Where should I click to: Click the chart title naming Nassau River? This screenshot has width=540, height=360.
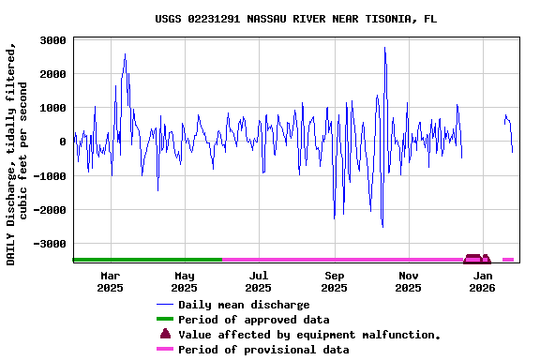[x=295, y=19]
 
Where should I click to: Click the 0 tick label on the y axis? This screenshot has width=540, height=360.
[x=62, y=142]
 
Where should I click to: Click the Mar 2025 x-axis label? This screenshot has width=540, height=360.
[x=111, y=281]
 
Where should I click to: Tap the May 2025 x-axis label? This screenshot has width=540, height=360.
[x=185, y=281]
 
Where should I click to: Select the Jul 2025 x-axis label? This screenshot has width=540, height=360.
[x=259, y=281]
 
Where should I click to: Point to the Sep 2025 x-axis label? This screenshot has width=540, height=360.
[x=334, y=281]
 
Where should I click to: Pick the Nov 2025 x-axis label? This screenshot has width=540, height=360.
[x=408, y=281]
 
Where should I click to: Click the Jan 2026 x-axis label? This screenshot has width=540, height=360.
[x=483, y=281]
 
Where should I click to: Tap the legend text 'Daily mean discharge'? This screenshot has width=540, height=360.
[x=244, y=305]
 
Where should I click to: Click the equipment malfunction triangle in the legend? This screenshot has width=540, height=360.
[x=166, y=334]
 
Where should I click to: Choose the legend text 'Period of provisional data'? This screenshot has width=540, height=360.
[x=263, y=350]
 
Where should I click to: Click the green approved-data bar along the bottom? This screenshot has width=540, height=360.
[x=147, y=260]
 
